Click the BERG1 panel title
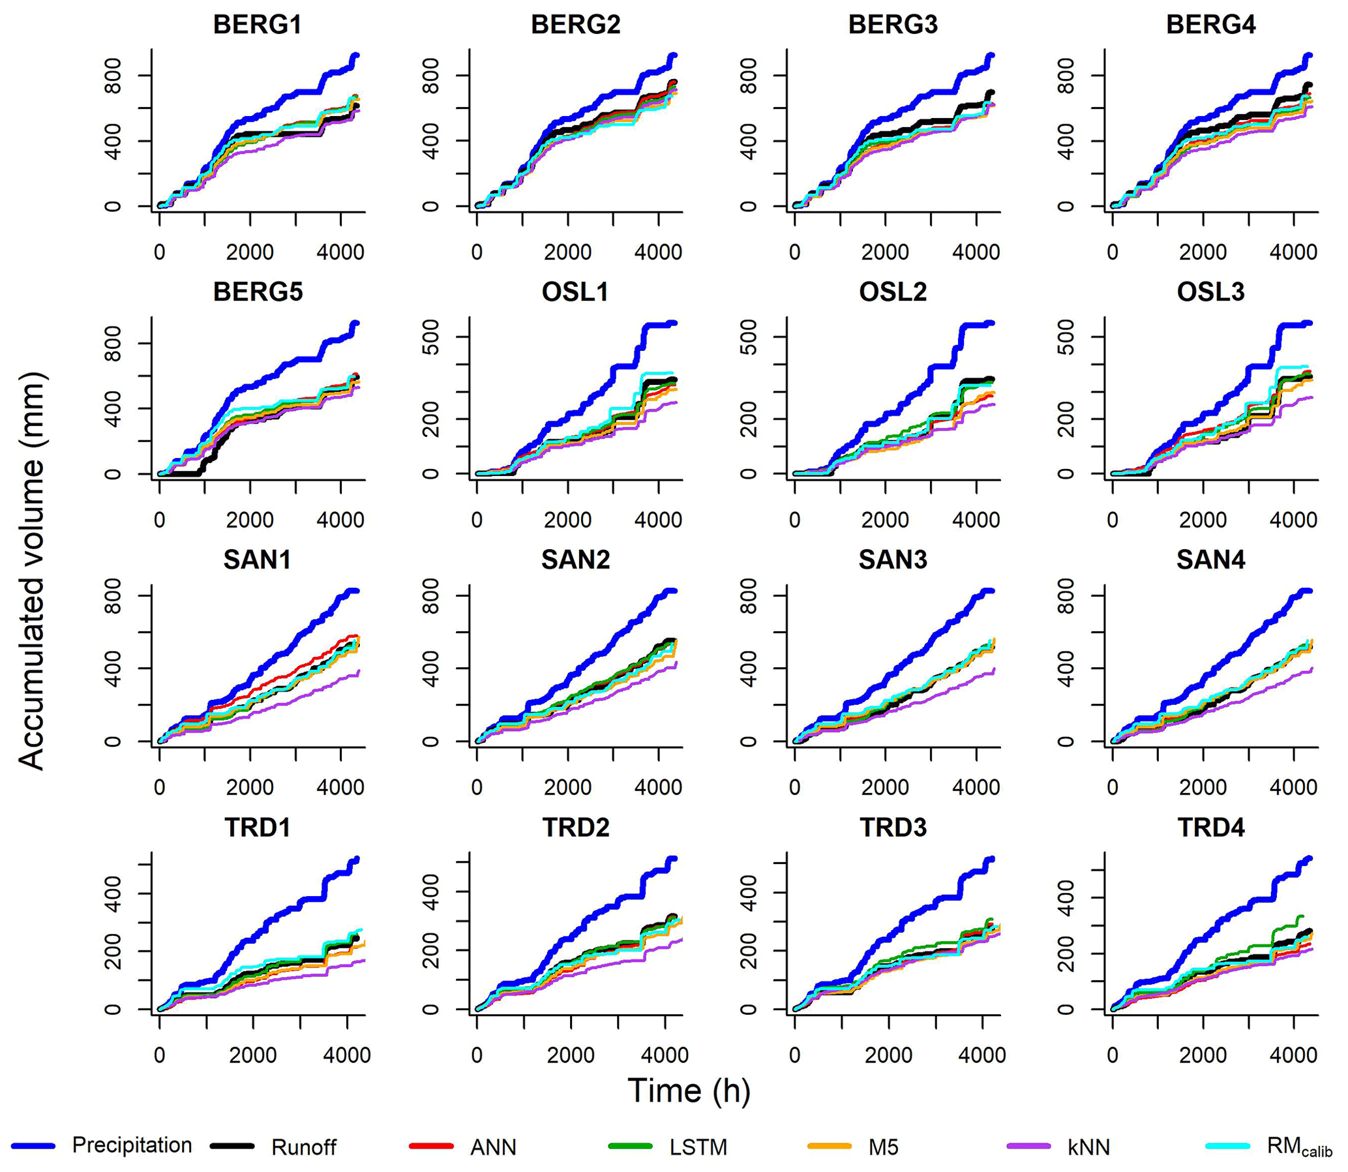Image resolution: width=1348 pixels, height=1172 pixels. click(257, 25)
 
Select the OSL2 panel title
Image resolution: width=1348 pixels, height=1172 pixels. click(893, 292)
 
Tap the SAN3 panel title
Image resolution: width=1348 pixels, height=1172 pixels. click(893, 560)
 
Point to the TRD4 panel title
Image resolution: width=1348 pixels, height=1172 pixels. click(1210, 828)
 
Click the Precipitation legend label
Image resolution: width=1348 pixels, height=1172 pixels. click(132, 1145)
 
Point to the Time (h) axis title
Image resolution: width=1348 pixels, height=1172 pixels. click(689, 1090)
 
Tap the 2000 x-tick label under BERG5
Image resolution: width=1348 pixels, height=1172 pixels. click(250, 520)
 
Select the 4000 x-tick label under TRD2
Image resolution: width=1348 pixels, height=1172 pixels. click(665, 1055)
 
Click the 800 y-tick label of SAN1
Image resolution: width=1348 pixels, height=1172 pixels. click(113, 596)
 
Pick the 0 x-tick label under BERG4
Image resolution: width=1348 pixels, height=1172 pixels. click(1113, 252)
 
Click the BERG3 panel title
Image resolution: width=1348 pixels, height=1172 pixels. click(893, 25)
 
